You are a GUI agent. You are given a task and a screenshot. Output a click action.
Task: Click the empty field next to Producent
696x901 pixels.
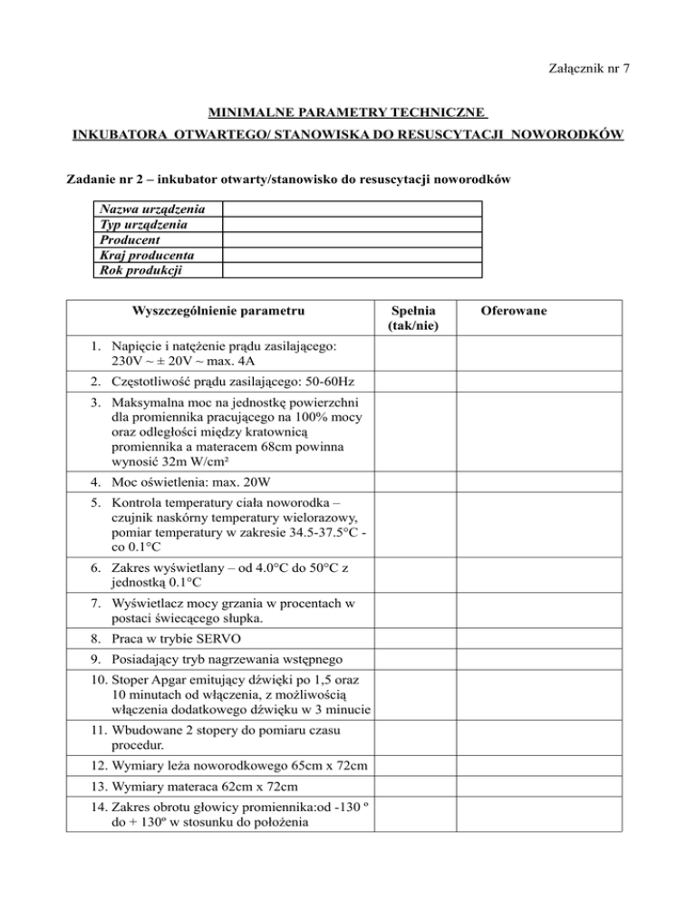click(x=352, y=240)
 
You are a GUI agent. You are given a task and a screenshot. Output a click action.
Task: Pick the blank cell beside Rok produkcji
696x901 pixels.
click(x=352, y=269)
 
